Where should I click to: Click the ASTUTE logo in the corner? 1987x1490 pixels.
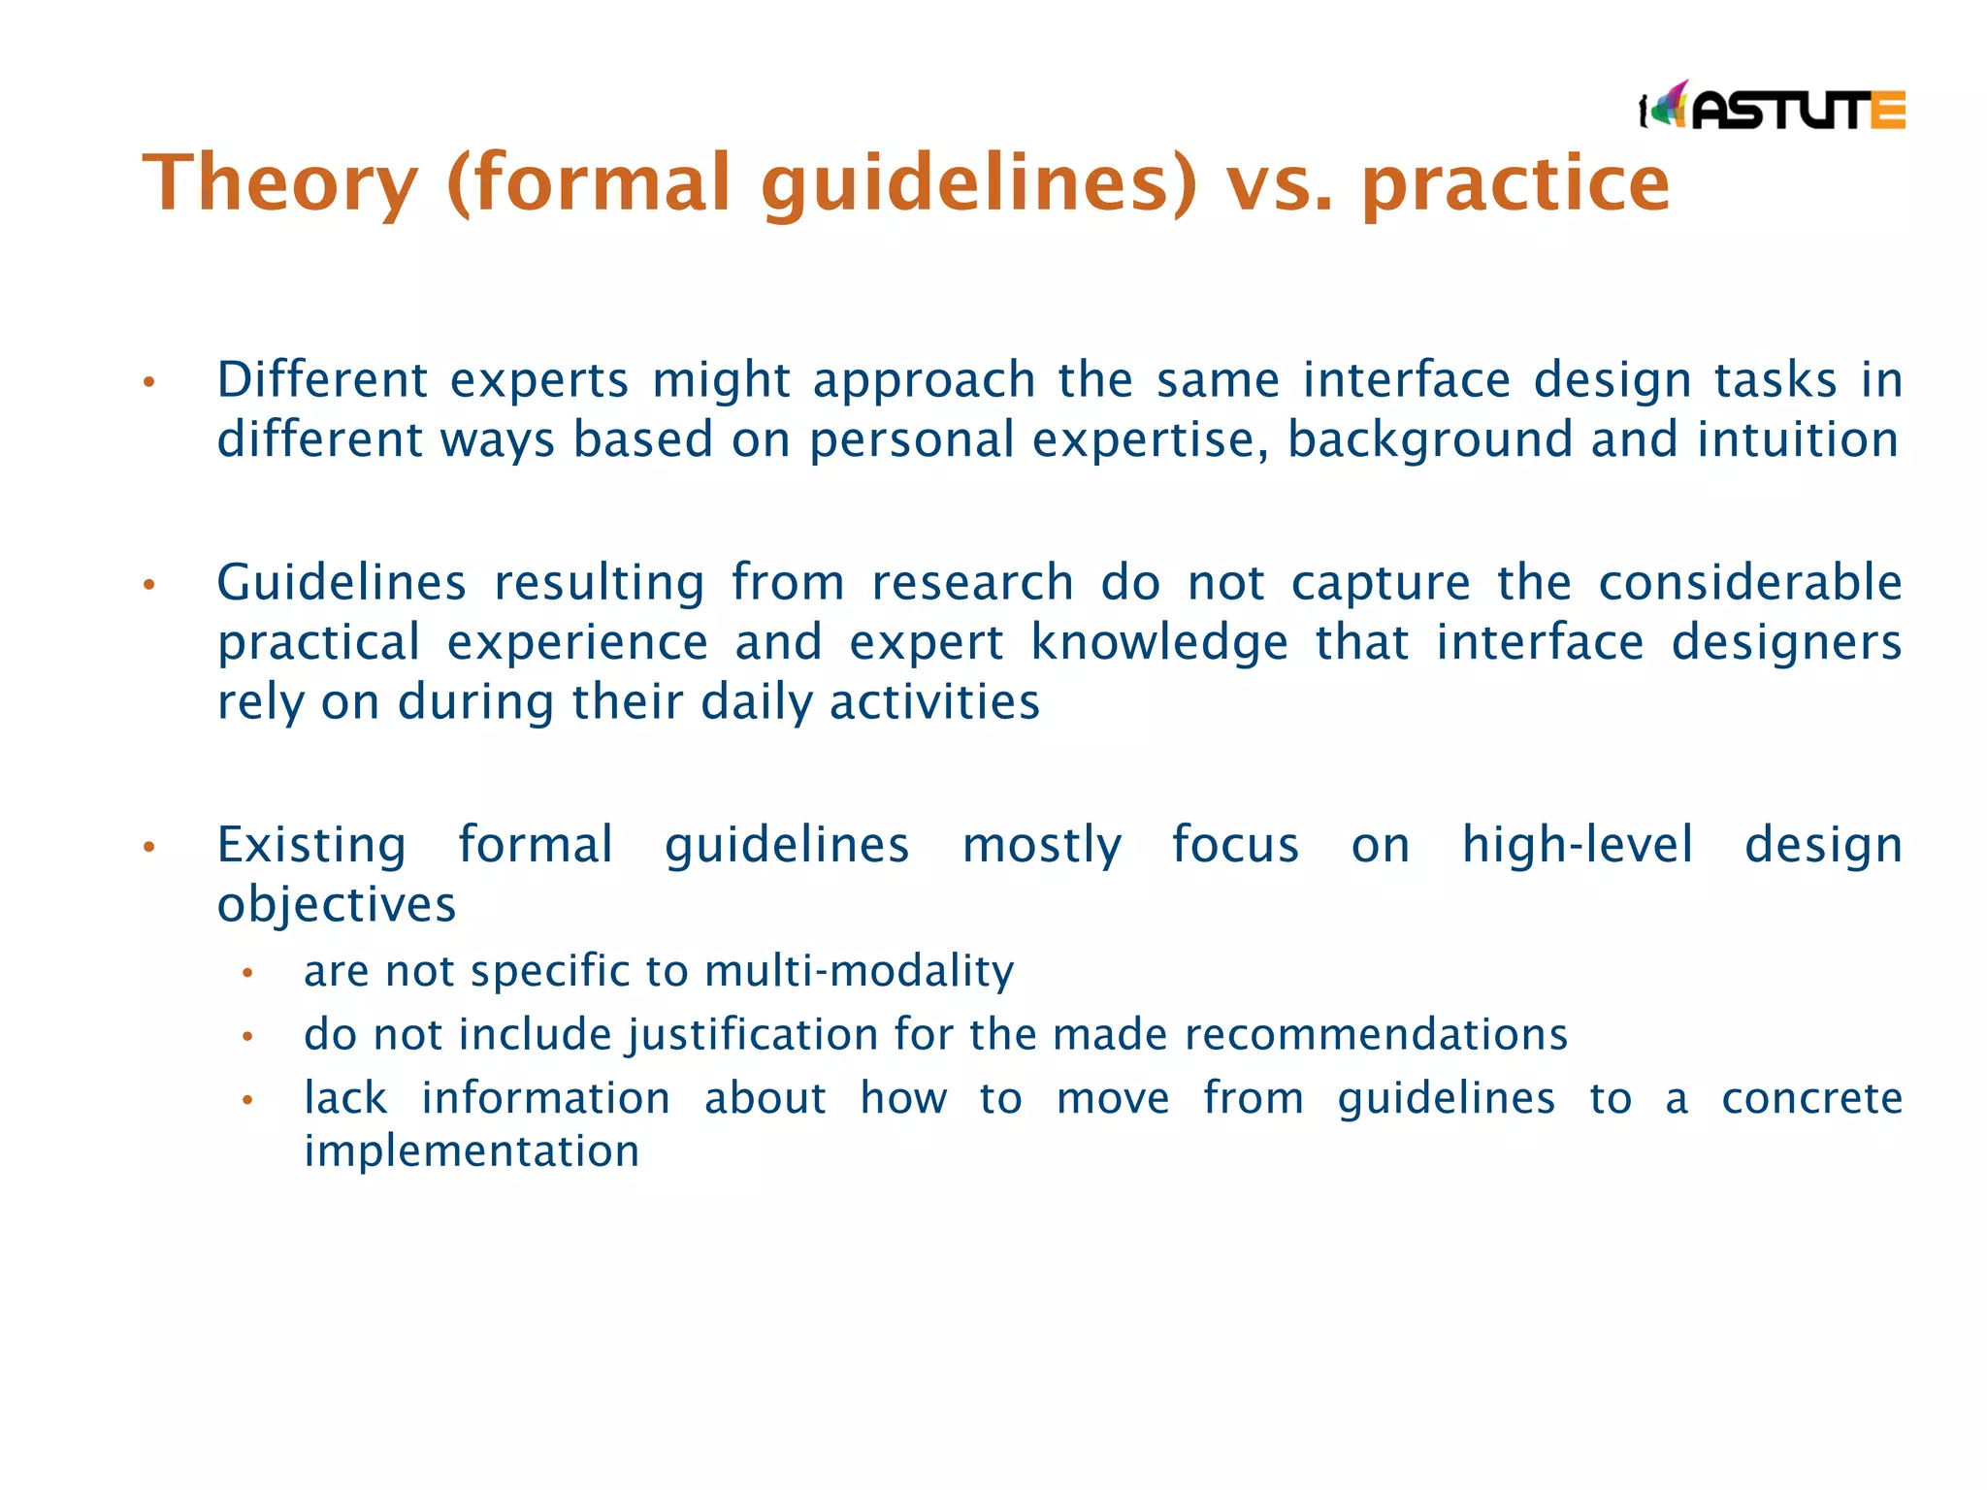tap(1772, 106)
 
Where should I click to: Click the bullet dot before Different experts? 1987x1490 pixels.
tap(148, 382)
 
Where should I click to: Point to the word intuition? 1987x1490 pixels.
tap(1798, 439)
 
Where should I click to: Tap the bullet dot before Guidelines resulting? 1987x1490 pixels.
tap(148, 585)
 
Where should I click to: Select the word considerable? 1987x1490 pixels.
tap(1749, 583)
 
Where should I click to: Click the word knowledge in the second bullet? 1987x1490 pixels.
tap(1159, 643)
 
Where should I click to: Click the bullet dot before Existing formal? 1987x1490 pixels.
tap(148, 848)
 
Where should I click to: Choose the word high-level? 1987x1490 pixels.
tap(1578, 845)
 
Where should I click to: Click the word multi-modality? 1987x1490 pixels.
tap(859, 971)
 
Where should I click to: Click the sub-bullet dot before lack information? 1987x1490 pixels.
tap(247, 1101)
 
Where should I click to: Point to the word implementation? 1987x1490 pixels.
tap(472, 1151)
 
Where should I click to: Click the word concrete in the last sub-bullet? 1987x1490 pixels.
tap(1811, 1099)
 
